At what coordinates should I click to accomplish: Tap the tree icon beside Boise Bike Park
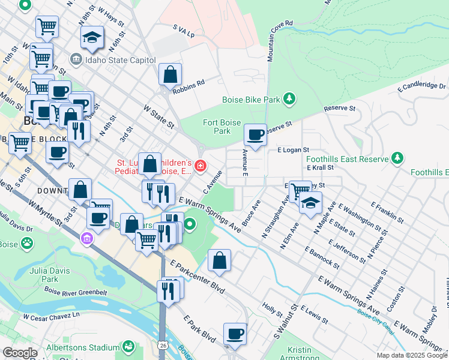pyautogui.click(x=289, y=98)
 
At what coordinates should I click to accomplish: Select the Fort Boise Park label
pyautogui.click(x=217, y=127)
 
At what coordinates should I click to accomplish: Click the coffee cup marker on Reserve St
pyautogui.click(x=256, y=134)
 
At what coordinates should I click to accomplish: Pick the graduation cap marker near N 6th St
pyautogui.click(x=92, y=37)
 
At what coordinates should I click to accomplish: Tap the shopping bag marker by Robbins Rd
pyautogui.click(x=170, y=75)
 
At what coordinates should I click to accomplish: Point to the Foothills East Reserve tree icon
pyautogui.click(x=397, y=158)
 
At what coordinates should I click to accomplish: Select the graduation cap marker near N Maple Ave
pyautogui.click(x=310, y=203)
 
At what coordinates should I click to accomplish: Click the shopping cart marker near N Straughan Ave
pyautogui.click(x=300, y=191)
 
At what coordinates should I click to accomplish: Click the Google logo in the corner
pyautogui.click(x=20, y=353)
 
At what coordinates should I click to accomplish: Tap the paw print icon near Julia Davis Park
pyautogui.click(x=27, y=243)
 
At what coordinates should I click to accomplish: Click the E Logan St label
pyautogui.click(x=292, y=149)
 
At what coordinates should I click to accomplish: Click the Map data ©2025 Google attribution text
pyautogui.click(x=412, y=355)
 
